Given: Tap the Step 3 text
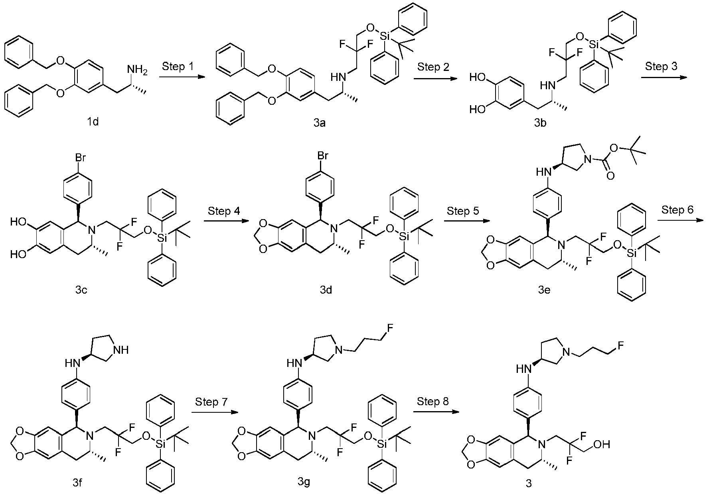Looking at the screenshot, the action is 661,66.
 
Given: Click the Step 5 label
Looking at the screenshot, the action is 463,210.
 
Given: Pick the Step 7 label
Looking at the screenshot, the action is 211,402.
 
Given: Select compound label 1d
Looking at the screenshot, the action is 93,122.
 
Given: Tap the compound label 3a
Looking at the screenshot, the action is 319,123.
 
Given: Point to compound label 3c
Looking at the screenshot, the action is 81,290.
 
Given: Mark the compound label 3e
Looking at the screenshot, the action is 544,290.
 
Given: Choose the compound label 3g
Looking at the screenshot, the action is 304,482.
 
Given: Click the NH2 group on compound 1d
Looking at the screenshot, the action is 137,70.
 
